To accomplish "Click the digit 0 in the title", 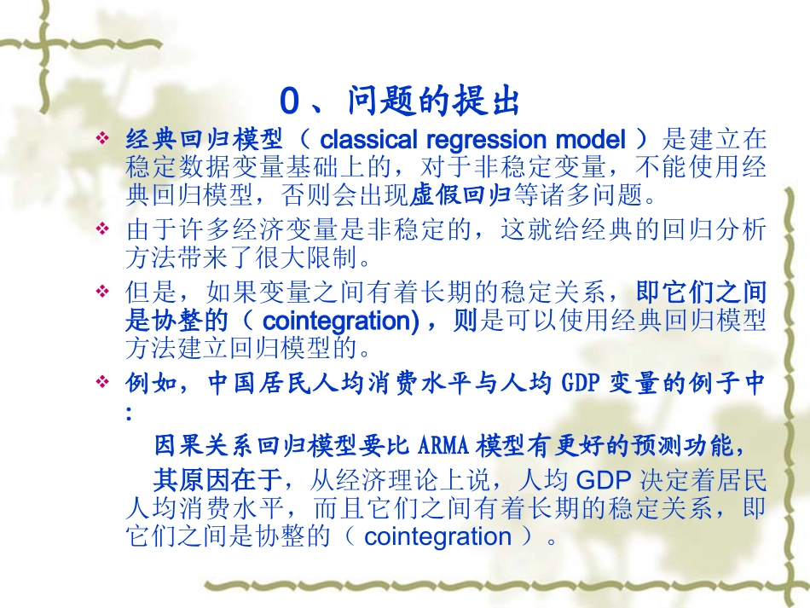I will [x=290, y=101].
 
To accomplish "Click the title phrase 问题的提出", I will [x=434, y=101].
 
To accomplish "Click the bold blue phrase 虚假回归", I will [x=460, y=194].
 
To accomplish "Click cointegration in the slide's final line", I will [x=437, y=536].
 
